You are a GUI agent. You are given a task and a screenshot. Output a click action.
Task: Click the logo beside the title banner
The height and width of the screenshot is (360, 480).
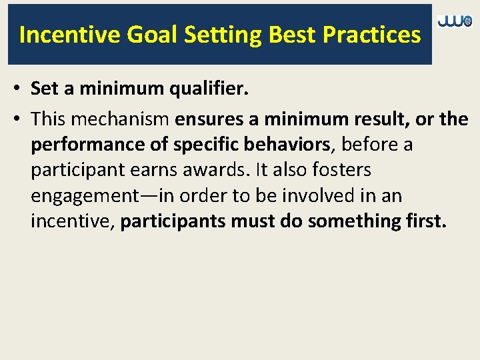(x=455, y=22)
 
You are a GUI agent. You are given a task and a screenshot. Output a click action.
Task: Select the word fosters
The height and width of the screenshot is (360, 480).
(x=338, y=171)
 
